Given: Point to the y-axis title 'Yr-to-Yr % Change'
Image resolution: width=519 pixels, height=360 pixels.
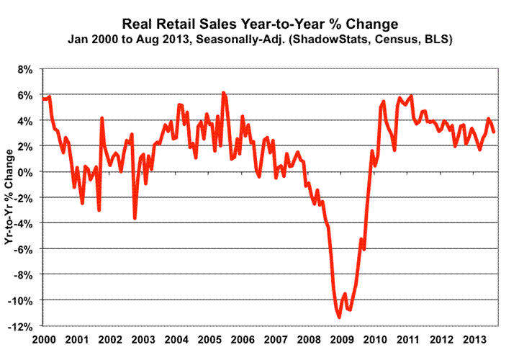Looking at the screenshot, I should tap(10, 197).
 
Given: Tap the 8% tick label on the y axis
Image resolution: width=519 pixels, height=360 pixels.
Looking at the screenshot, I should tap(26, 69).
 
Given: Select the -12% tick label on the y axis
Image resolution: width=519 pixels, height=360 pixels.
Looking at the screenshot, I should tap(22, 326).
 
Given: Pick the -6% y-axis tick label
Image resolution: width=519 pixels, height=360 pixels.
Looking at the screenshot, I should tap(24, 249).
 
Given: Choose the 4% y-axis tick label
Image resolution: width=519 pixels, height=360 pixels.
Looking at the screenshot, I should tap(26, 121).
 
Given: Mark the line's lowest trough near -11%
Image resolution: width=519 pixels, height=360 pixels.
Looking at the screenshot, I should tap(339, 317).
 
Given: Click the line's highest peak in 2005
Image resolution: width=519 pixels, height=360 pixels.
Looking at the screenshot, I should tap(223, 93).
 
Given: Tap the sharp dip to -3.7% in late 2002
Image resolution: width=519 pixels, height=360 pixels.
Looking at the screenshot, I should tap(135, 218).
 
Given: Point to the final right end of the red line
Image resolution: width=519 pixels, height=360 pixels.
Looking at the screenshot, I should tap(494, 132).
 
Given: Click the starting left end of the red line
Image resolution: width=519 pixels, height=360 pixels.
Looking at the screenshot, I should tap(43, 98).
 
